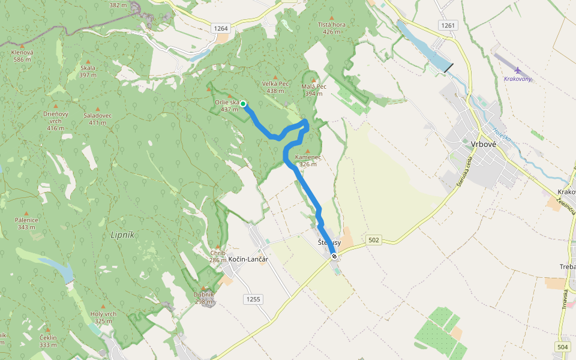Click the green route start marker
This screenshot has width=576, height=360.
click(x=244, y=103)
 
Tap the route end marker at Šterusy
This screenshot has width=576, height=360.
click(x=334, y=256)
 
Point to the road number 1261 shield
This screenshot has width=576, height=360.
click(x=448, y=25)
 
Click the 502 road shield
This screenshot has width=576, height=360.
click(x=374, y=240)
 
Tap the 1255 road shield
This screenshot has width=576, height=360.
click(x=253, y=298)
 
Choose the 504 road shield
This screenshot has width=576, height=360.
click(x=562, y=346)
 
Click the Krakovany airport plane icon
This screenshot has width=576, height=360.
click(x=518, y=70)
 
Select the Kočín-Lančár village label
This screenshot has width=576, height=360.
click(x=248, y=259)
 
